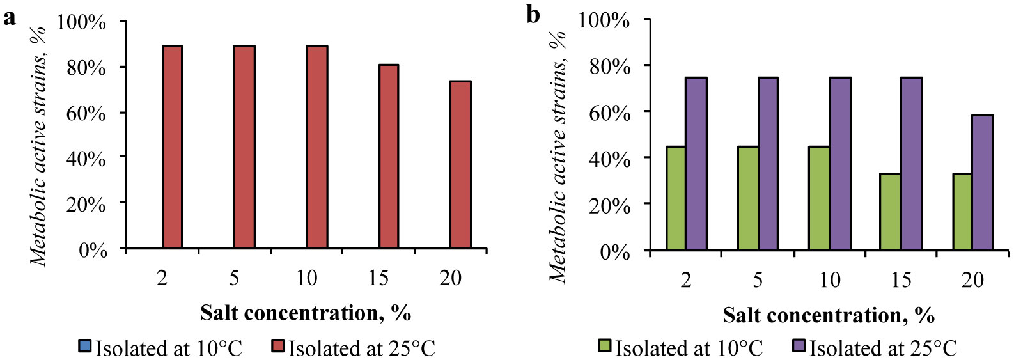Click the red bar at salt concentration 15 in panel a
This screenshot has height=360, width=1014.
389,156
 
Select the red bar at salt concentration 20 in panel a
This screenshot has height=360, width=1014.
460,164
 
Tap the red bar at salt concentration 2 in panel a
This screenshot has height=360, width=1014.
173,147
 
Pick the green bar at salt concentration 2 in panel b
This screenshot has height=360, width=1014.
676,198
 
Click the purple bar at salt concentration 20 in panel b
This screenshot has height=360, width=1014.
983,182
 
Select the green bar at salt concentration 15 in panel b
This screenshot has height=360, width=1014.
890,212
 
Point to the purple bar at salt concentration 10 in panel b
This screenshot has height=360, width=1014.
840,163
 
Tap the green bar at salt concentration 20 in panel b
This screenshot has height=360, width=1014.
962,212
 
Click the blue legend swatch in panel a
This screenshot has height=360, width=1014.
84,347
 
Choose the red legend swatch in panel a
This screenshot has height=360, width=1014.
277,347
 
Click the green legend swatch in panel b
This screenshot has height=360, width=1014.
605,347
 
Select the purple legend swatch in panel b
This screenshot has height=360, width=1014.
799,347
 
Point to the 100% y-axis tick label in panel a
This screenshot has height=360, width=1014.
81,22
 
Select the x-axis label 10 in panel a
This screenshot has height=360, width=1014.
307,278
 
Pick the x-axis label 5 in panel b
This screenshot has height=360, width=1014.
758,279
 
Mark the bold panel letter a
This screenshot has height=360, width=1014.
10,17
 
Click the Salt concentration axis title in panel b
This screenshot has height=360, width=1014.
829,315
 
